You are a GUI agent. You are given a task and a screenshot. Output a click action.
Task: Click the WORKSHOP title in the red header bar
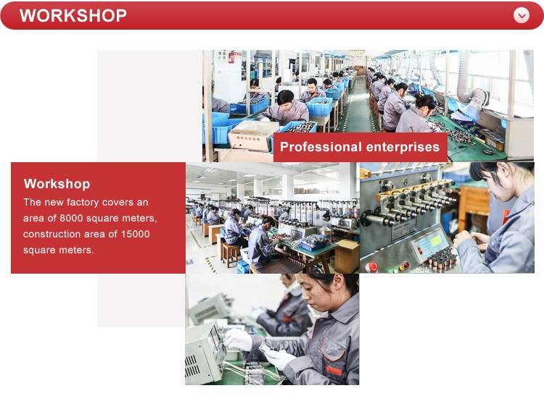pos(73,16)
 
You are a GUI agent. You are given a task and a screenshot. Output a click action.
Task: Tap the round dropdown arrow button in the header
pos(522,16)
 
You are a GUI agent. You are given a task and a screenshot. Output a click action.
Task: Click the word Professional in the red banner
pos(321,147)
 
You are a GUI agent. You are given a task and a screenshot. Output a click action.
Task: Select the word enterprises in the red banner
pos(403,148)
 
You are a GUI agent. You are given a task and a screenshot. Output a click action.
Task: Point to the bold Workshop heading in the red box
pos(57,184)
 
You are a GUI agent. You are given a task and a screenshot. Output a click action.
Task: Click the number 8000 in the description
pos(71,218)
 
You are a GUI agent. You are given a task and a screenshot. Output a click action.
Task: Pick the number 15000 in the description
pos(136,234)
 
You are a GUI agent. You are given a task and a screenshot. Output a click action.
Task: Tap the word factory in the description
pos(83,202)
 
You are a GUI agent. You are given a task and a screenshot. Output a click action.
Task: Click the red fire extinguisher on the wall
pos(231,57)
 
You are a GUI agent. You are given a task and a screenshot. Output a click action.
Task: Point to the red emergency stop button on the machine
pos(372,267)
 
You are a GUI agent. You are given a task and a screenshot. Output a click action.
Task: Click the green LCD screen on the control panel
pos(435,240)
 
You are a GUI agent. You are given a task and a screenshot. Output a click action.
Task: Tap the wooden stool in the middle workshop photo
pos(231,255)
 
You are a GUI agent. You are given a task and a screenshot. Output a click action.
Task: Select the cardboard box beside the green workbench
pos(347,256)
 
